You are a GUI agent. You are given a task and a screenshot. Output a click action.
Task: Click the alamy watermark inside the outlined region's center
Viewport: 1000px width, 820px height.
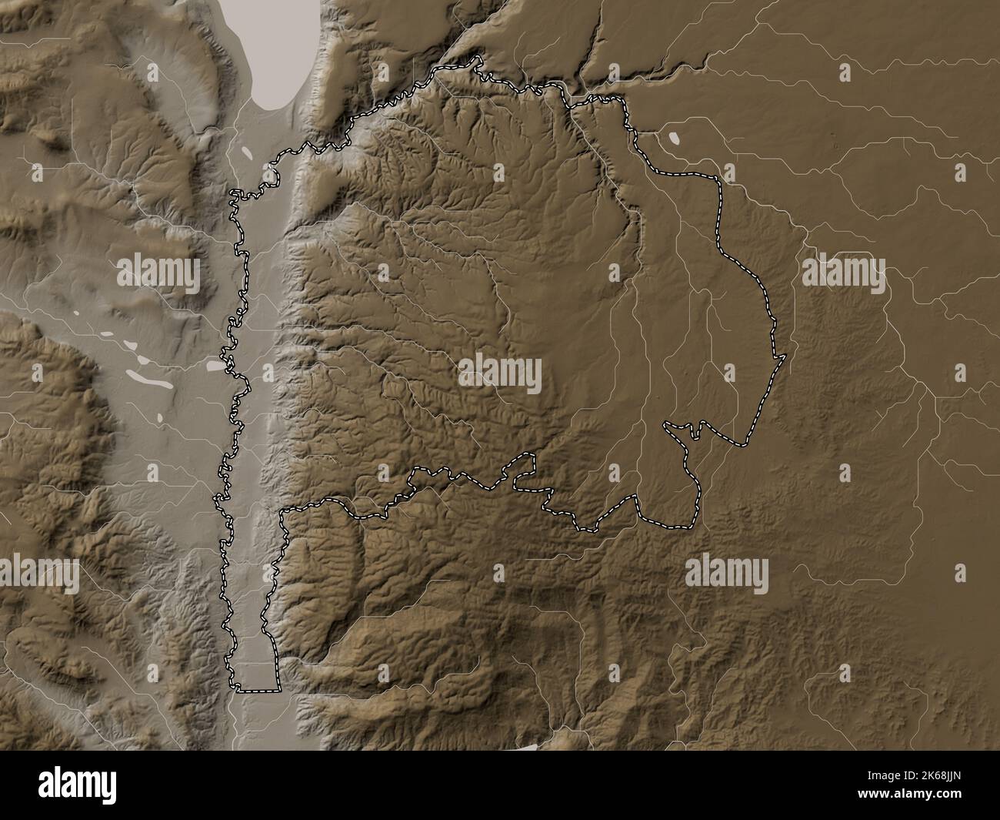[500, 373]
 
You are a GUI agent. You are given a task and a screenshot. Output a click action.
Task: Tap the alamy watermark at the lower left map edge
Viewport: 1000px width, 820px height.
[38, 574]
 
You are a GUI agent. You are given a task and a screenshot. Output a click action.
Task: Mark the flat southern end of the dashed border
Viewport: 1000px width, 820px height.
[258, 689]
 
